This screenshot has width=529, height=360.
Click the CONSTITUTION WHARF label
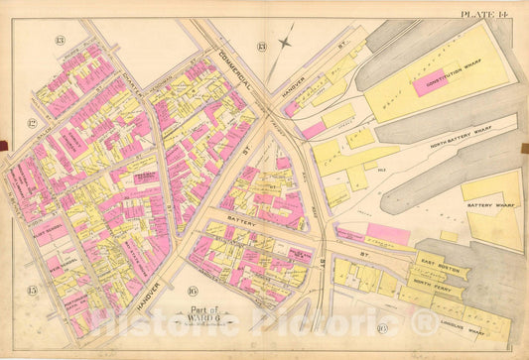tap(443, 70)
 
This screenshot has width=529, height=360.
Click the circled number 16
tap(192, 294)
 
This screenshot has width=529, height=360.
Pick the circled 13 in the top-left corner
tap(60, 40)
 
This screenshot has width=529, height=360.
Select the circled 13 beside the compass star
tap(260, 46)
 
